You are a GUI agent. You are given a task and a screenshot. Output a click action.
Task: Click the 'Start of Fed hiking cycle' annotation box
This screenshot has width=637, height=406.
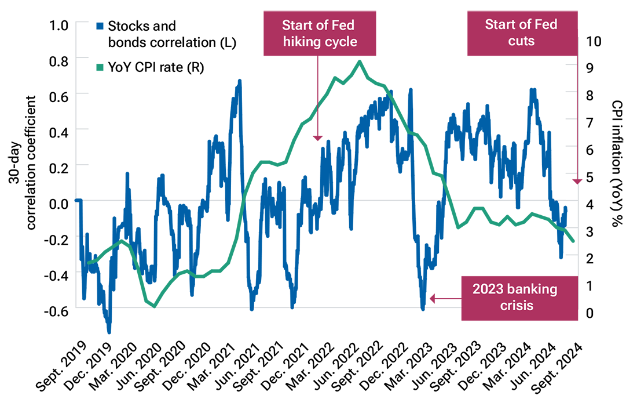(319, 33)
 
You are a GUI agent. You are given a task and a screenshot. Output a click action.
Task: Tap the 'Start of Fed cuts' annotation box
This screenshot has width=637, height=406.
(521, 33)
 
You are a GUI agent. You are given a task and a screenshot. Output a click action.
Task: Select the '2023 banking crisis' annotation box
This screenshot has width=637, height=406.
(520, 297)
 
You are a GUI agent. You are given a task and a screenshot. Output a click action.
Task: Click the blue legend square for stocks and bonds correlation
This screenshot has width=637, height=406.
(100, 26)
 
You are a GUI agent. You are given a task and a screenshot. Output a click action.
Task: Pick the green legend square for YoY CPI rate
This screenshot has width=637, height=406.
(100, 68)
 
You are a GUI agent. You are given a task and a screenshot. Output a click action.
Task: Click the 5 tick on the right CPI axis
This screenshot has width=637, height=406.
(594, 177)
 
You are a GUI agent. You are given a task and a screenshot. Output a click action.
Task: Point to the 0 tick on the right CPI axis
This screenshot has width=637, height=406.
(594, 313)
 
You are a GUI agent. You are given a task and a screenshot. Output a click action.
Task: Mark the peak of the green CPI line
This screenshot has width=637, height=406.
(360, 61)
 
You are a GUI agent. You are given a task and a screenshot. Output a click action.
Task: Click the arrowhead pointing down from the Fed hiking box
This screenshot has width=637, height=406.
(317, 137)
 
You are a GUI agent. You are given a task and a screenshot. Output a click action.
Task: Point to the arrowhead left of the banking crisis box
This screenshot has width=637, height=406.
(431, 299)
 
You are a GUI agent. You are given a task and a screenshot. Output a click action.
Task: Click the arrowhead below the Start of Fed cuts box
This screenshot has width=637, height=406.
(577, 182)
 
